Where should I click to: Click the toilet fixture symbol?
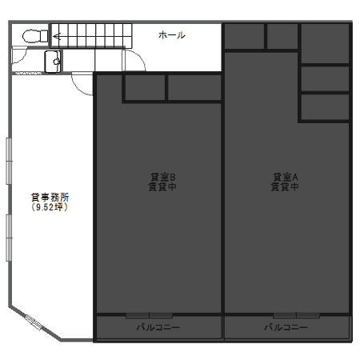35,36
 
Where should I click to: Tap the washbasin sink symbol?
53,62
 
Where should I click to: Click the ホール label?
172,35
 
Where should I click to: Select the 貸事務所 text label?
50,198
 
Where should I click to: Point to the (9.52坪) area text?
50,207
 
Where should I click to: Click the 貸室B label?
162,177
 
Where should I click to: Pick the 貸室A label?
285,177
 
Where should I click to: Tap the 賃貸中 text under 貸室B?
162,186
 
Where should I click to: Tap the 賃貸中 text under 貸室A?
285,186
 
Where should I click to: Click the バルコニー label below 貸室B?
158,327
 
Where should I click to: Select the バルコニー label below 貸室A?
286,327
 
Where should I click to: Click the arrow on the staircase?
57,36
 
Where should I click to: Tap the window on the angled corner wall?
34,322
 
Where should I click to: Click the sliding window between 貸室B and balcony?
149,316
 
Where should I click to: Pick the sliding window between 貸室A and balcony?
296,316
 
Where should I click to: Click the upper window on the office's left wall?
9,161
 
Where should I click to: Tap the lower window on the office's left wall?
9,238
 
